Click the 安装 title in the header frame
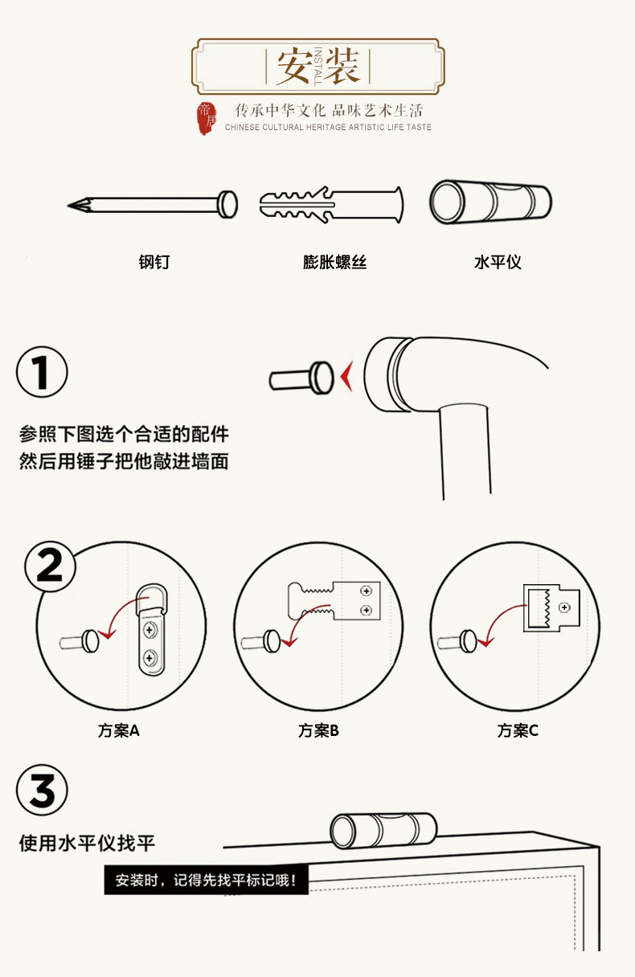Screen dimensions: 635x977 pos(318,66)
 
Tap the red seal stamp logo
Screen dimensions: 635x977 pos(207,118)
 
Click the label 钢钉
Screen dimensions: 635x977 pos(154,262)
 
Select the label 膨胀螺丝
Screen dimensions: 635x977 pos(334,262)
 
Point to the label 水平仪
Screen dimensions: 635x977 pos(498,262)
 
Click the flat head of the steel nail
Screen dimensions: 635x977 pos(227,204)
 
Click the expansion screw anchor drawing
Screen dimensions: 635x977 pos(331,205)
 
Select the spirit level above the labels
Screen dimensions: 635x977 pos(490,202)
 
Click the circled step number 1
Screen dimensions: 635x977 pos(42,372)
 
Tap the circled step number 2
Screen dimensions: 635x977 pos(50,566)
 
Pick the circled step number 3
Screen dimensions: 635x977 pos(42,790)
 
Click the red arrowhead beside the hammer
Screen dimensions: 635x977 pos(347,376)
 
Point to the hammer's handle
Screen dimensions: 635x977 pos(465,452)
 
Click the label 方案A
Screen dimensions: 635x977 pos(119,730)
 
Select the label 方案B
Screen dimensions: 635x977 pos(318,730)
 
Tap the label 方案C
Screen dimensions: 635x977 pos(518,730)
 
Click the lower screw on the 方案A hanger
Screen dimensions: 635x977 pos(150,657)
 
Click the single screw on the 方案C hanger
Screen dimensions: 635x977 pos(564,607)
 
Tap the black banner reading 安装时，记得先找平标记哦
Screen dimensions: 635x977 pos(207,880)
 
